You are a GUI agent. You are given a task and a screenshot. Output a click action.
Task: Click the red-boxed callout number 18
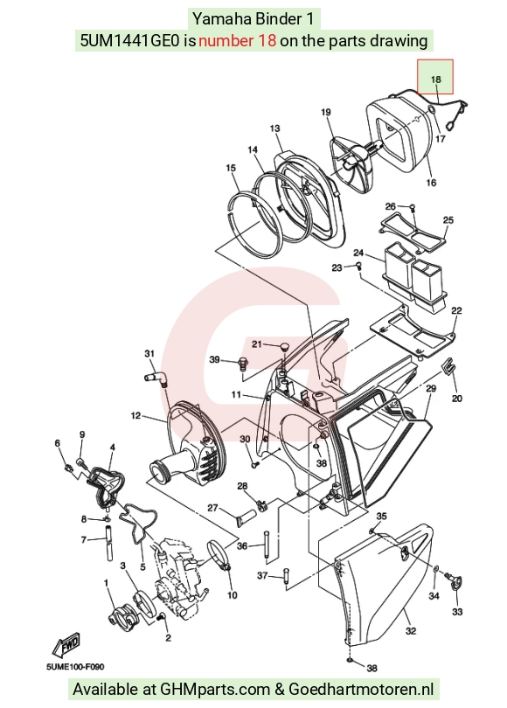pos(435,80)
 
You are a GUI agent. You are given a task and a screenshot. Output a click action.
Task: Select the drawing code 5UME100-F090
pos(75,666)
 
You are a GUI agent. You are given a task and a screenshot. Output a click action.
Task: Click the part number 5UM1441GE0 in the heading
pos(131,40)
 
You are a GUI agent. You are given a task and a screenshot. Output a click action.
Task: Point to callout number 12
pos(135,415)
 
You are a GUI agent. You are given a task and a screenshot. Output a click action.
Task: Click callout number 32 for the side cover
pos(410,631)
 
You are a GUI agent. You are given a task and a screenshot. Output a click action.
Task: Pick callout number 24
pos(358,253)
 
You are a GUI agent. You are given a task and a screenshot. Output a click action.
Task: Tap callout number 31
pos(149,353)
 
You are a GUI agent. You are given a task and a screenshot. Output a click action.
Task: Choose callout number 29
pos(431,388)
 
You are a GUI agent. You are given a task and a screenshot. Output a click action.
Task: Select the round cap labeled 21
pos(283,346)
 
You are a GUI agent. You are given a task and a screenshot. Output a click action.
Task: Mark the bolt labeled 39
pos(243,362)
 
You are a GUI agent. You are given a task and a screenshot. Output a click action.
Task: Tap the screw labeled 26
pos(412,208)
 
